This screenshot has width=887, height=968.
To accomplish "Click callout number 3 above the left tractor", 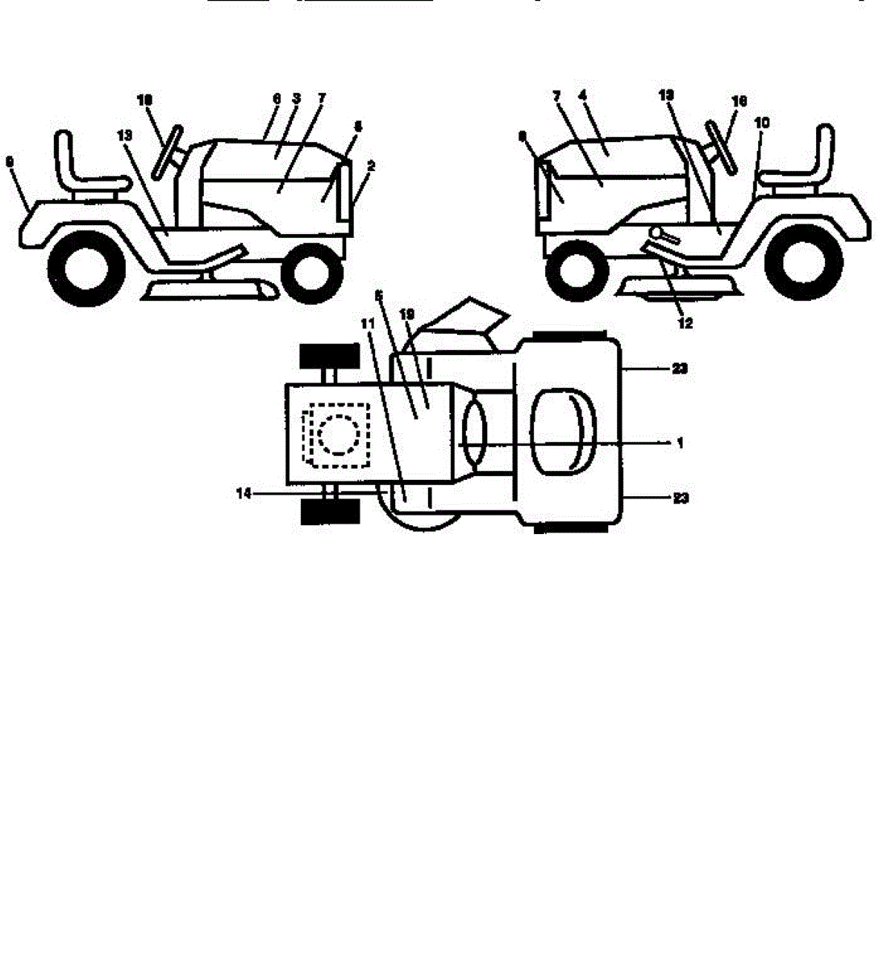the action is tap(296, 98).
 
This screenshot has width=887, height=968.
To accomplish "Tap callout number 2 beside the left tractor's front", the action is tap(370, 165).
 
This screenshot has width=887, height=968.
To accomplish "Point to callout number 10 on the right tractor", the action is tap(763, 123).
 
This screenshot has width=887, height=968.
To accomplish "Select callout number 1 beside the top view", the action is tap(679, 443).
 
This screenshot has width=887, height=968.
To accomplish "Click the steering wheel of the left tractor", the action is tap(166, 150).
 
